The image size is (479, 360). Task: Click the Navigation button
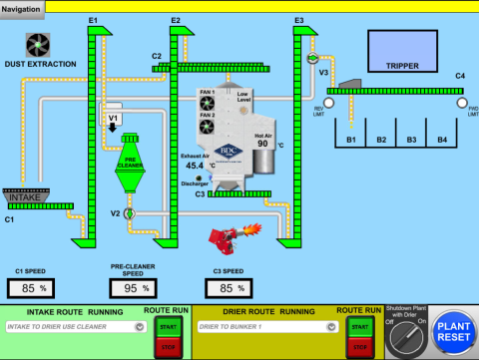(x=23, y=8)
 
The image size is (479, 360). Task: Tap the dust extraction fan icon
(x=39, y=45)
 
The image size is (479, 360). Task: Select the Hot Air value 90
(x=264, y=144)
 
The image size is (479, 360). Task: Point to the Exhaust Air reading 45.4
(x=195, y=166)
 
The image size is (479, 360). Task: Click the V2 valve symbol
(x=130, y=214)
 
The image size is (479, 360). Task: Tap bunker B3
(x=412, y=140)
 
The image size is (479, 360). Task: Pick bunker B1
(x=350, y=140)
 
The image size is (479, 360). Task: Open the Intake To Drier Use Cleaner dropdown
(x=70, y=326)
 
